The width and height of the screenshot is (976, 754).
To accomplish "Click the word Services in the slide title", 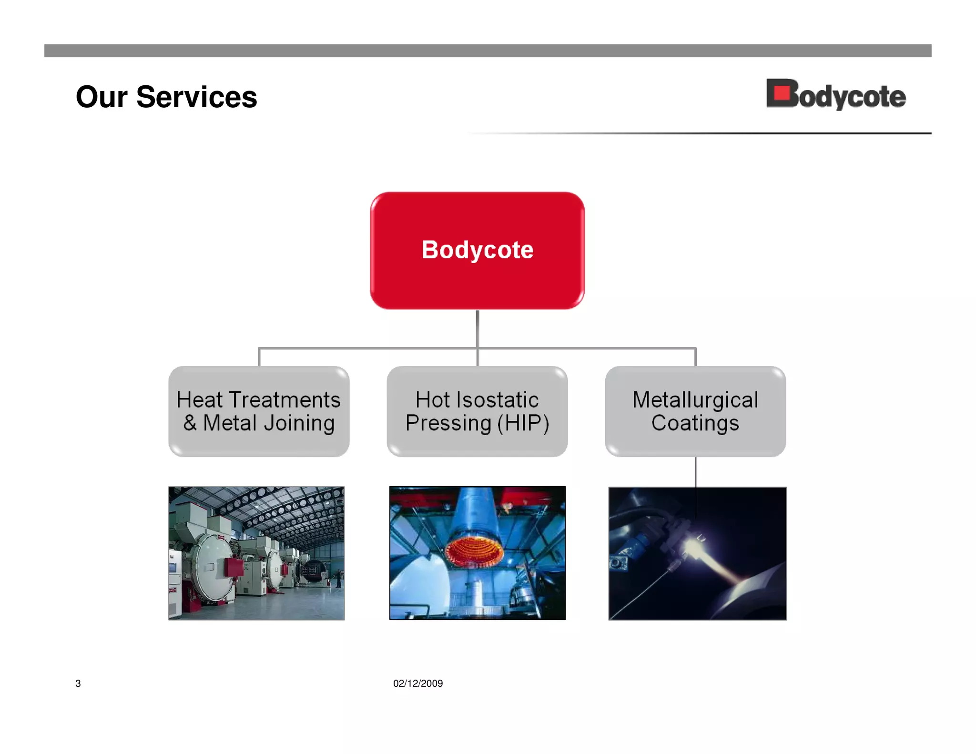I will coord(196,97).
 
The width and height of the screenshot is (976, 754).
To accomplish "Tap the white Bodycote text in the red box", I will coord(477,250).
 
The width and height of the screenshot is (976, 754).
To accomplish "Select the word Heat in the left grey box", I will coord(199,400).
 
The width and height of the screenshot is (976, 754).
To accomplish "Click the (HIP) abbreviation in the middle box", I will coord(523,423).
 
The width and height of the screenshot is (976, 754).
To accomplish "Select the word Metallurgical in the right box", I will coord(695,400).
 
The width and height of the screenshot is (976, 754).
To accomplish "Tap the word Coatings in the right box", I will coord(695,423).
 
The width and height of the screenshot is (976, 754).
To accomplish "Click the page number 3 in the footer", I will coord(78,683).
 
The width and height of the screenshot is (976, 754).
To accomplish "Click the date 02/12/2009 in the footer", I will coord(417,683).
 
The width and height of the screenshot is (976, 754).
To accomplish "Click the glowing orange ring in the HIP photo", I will coord(474,550).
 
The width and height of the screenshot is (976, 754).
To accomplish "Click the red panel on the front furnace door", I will coord(234,567).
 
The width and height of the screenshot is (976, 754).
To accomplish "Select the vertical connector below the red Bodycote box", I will coord(477,329).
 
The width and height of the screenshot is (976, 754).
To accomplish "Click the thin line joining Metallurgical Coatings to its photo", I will coord(695,472).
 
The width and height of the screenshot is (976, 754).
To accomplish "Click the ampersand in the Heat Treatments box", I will coord(190,423).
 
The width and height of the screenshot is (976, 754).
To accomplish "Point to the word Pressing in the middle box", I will coord(448,423).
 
